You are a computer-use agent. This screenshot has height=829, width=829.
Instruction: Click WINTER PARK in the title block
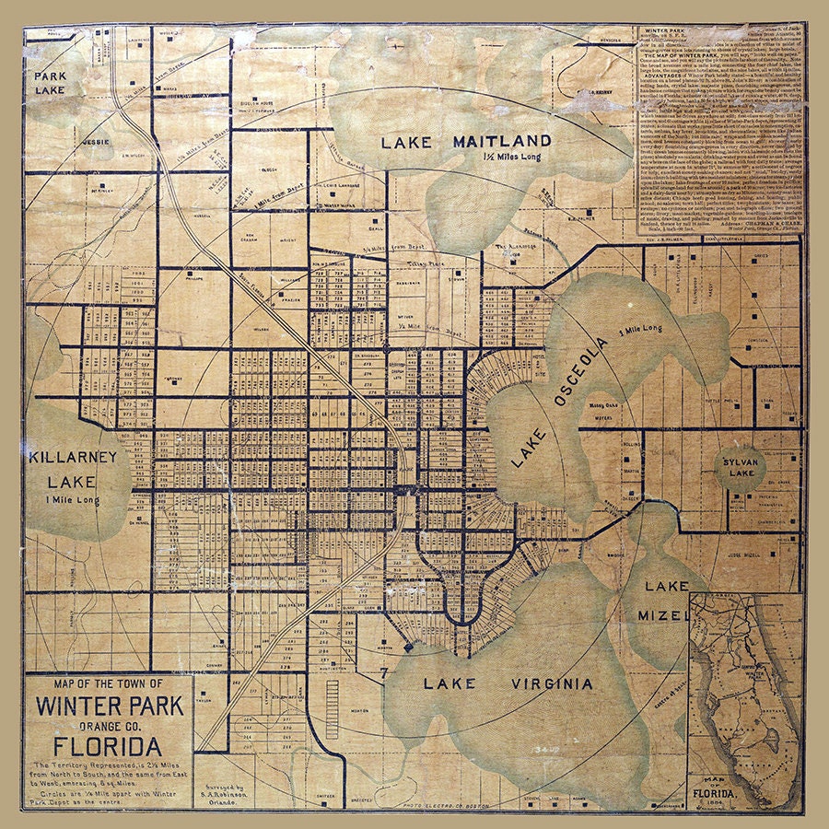(110, 707)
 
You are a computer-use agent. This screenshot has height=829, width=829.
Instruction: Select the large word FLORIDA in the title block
(110, 745)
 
